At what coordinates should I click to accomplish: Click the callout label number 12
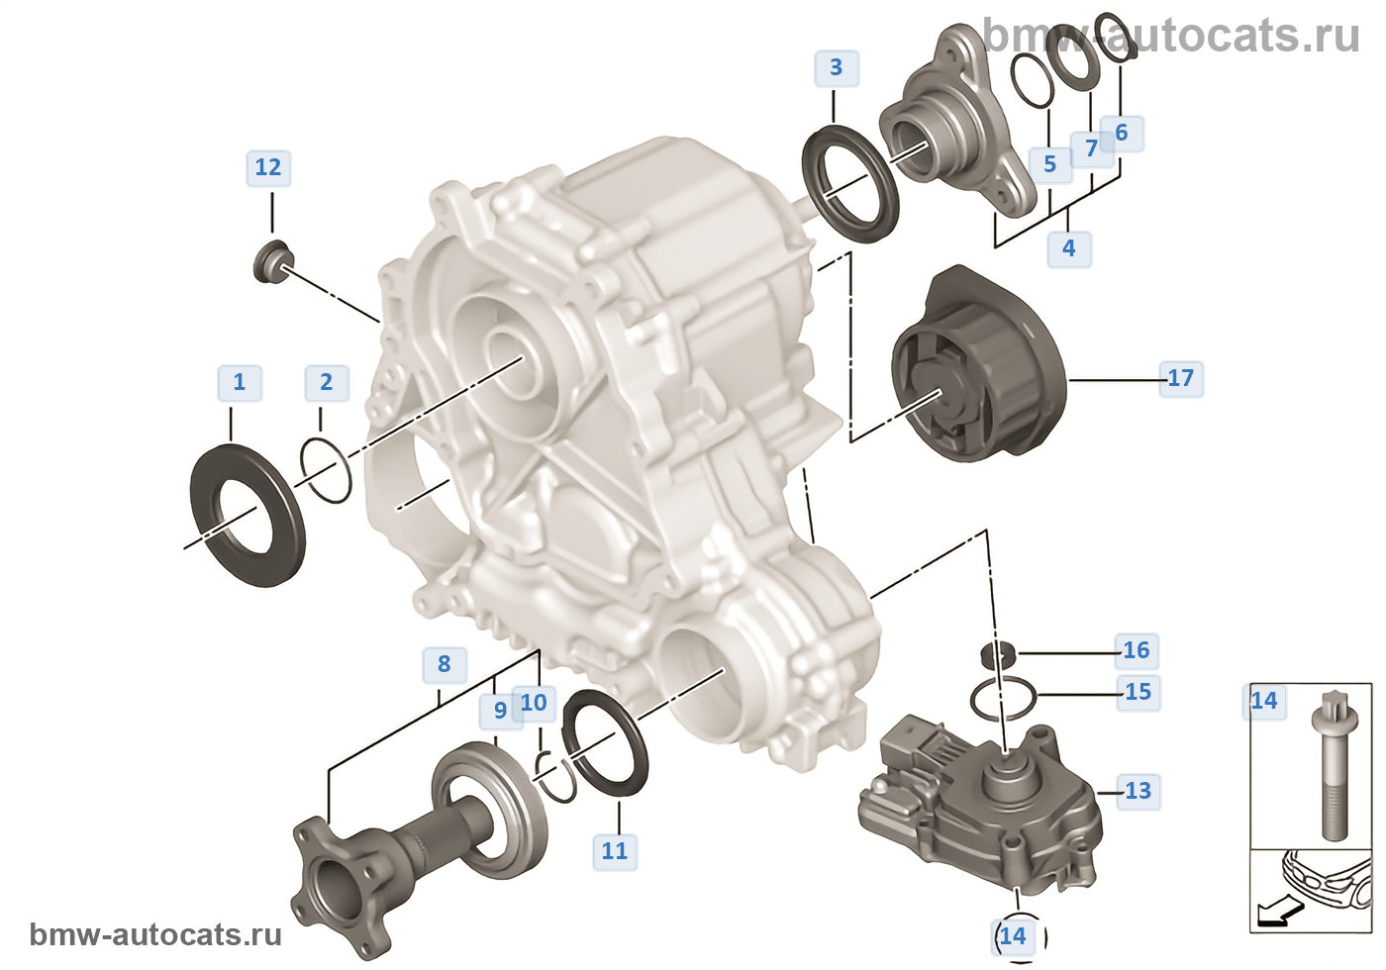[x=268, y=167]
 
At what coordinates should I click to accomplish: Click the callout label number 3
[x=836, y=67]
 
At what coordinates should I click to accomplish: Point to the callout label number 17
[x=1180, y=378]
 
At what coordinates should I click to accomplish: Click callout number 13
[x=1138, y=791]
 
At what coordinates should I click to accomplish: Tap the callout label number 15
[x=1138, y=692]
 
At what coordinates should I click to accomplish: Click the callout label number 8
[x=444, y=664]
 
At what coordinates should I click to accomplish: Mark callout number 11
[x=615, y=850]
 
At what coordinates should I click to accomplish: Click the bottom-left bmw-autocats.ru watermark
[x=155, y=935]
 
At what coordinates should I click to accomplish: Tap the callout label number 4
[x=1068, y=247]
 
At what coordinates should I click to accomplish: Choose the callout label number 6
[x=1121, y=133]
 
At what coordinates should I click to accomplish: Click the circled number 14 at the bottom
[x=1013, y=936]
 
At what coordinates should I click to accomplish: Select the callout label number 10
[x=534, y=703]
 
